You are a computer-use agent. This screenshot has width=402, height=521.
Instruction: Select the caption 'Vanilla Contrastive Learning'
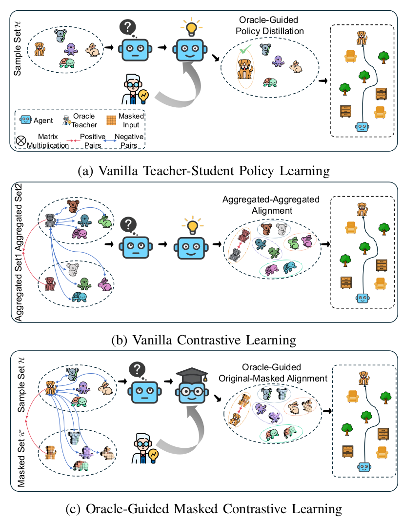pyautogui.click(x=201, y=339)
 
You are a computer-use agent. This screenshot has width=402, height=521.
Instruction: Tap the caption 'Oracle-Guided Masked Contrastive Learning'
pyautogui.click(x=201, y=508)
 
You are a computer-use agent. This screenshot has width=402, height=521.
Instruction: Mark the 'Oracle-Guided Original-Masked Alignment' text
pyautogui.click(x=271, y=372)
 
